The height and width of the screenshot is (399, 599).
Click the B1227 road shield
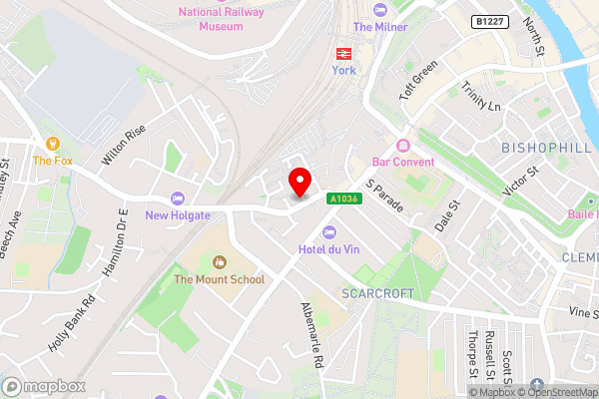point(489,21)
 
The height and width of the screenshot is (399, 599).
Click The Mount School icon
point(219,261)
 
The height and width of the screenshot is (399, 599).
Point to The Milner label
point(379,27)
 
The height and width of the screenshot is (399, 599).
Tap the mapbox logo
point(43,386)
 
